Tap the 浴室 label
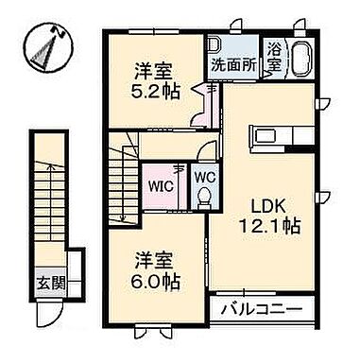click(275, 56)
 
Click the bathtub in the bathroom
click(301, 59)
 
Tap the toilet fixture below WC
click(204, 196)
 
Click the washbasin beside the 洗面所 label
click(215, 44)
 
